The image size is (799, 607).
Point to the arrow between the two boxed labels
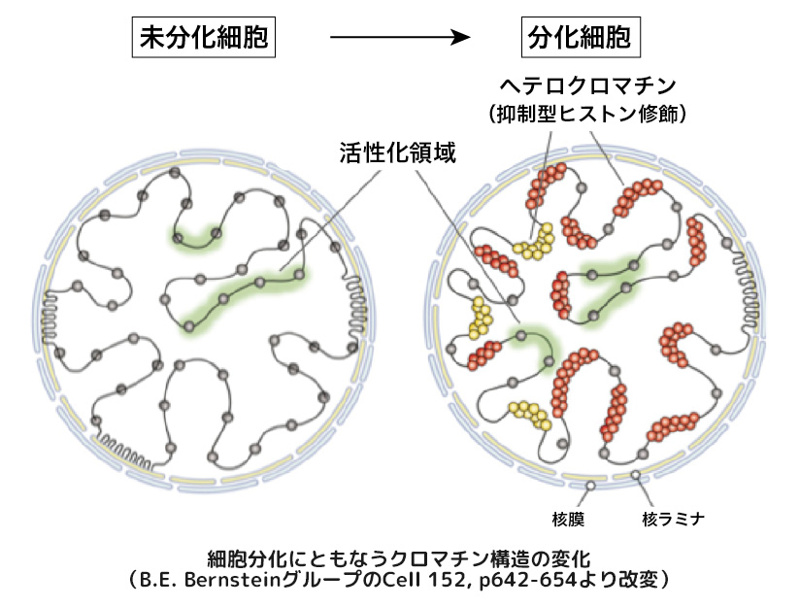[399, 39]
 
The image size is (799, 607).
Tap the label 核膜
[589, 518]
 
